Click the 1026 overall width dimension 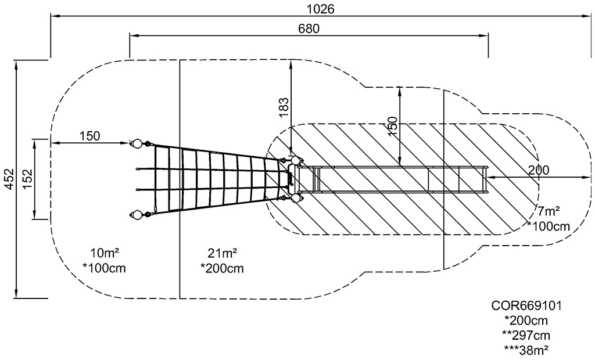(321, 9)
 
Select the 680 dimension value (309, 28)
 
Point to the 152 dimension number (28, 179)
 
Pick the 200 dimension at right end (539, 170)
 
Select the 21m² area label (223, 253)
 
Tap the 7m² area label (549, 211)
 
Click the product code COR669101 (526, 305)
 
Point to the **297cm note (526, 336)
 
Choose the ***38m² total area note (526, 350)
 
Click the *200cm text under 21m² (223, 268)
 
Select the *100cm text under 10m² (105, 268)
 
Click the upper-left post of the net (137, 143)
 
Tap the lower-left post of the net (137, 215)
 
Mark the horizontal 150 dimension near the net (89, 136)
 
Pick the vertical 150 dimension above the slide (393, 124)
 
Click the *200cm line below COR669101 (526, 321)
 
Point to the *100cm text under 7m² (549, 226)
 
